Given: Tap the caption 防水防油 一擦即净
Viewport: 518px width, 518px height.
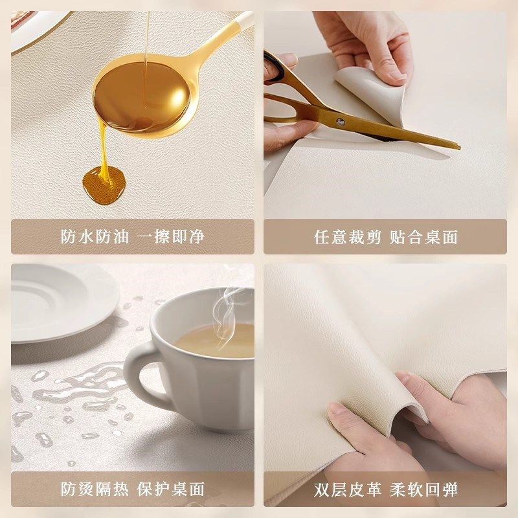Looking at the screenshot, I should pyautogui.click(x=133, y=236).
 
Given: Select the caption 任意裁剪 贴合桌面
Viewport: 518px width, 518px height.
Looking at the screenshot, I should pyautogui.click(x=386, y=236).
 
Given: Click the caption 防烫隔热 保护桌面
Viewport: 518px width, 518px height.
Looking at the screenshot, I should pyautogui.click(x=133, y=489).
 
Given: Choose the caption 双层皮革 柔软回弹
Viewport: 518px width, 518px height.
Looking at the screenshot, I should pyautogui.click(x=386, y=489).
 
